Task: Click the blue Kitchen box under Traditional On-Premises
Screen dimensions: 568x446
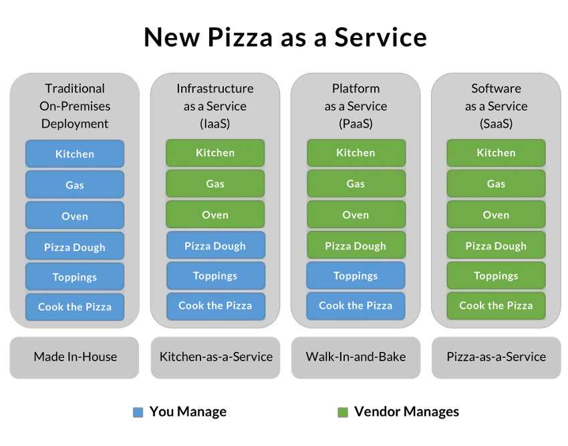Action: [75, 154]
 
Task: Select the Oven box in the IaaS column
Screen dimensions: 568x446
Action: [215, 215]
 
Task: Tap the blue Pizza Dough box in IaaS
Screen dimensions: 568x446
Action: [216, 246]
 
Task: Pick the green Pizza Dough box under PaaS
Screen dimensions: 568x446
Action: [356, 246]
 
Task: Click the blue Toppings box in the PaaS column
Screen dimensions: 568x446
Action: [356, 276]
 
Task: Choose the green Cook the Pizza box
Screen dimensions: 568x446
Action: [496, 306]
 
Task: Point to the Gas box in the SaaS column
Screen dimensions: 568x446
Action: [496, 184]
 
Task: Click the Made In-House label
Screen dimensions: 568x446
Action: [75, 357]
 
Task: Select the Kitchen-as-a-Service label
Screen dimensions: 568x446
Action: [216, 357]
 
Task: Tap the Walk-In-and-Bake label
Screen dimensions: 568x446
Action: [356, 357]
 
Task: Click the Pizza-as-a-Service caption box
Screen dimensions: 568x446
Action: [496, 357]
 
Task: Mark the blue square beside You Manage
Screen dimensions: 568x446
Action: [138, 413]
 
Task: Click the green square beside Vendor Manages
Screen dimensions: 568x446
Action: [343, 413]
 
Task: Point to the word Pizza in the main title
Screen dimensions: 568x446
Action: [240, 37]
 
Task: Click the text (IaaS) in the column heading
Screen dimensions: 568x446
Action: [215, 124]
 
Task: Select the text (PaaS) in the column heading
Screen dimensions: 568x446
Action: [356, 124]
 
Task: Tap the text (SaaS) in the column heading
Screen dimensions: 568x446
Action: [496, 124]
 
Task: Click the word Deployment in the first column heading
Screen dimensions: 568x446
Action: [75, 124]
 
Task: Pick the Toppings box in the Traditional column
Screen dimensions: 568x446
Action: [75, 277]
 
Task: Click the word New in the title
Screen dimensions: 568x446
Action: [172, 37]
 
